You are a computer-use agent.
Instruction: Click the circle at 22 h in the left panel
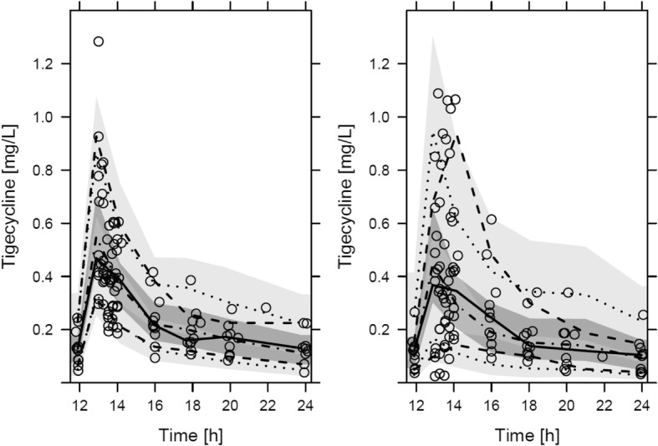pos(266,308)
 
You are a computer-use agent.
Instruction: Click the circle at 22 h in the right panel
pos(602,357)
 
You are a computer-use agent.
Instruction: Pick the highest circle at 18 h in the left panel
pos(191,281)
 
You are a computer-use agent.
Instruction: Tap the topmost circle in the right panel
pos(438,94)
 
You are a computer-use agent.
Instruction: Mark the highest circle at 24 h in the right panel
pos(642,316)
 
